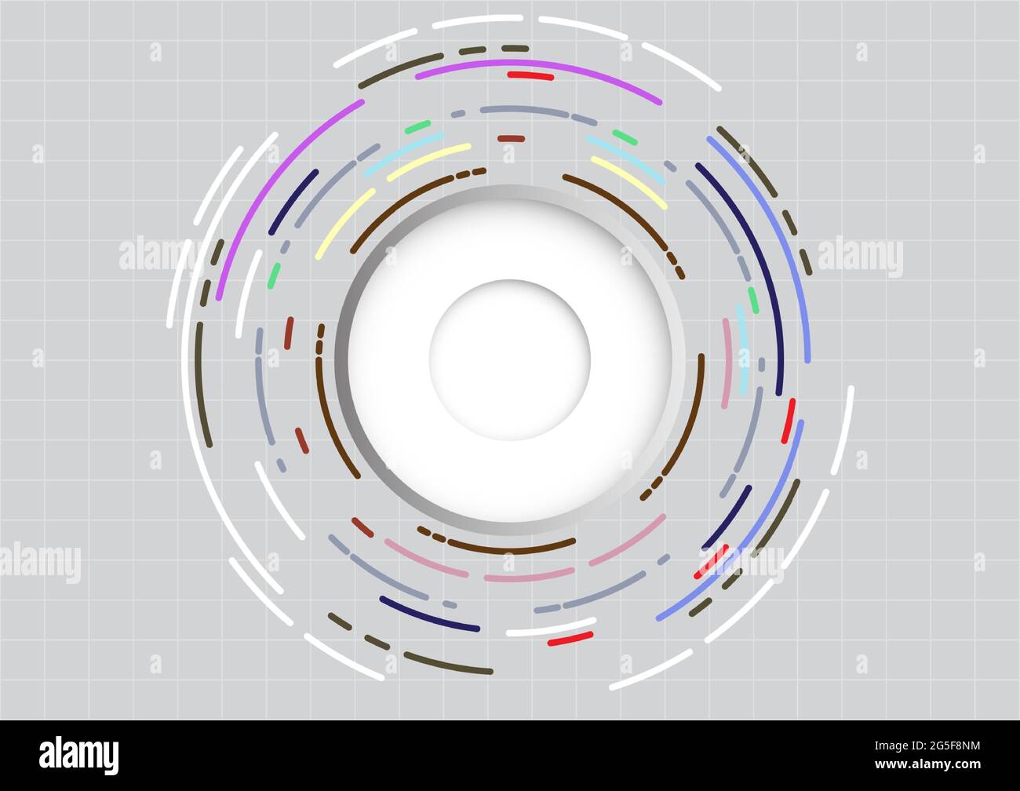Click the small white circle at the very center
point(509,359)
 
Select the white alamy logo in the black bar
point(78,755)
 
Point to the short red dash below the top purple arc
point(530,76)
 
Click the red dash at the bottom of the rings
point(570,639)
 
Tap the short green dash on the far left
point(273,275)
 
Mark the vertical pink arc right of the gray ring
point(727,363)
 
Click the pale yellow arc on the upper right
point(630,181)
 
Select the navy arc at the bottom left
point(428,615)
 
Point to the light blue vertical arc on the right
point(741,349)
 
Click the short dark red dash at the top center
point(511,138)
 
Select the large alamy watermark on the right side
point(860,256)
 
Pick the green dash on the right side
point(752,300)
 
